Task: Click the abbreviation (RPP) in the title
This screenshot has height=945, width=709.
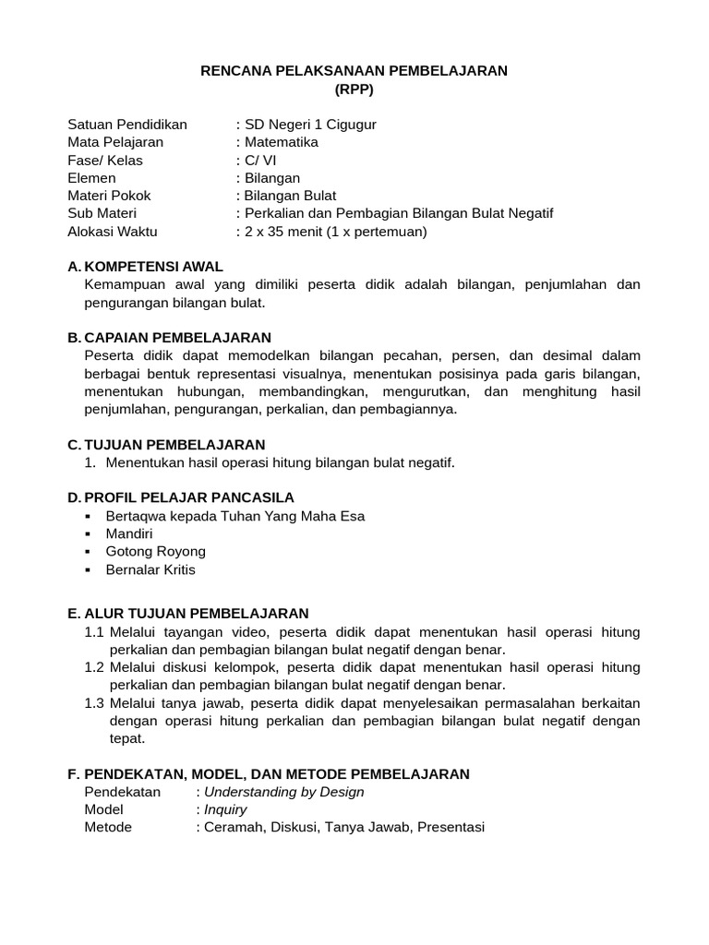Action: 354,90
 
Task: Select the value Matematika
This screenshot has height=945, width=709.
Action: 281,142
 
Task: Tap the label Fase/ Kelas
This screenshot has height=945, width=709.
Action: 106,161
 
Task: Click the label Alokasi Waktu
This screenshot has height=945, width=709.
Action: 112,232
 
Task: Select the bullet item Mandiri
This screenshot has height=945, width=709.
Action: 129,533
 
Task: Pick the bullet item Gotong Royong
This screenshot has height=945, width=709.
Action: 156,552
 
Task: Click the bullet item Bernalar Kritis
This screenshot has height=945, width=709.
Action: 150,569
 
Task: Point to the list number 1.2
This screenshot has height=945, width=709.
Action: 94,666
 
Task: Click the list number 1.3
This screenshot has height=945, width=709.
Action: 94,702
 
